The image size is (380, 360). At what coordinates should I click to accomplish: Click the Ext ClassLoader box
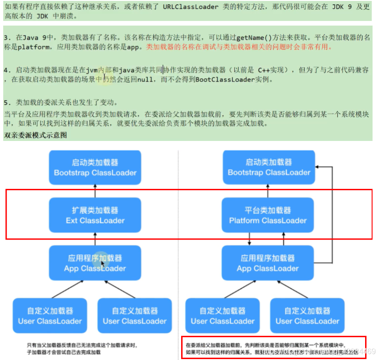pyautogui.click(x=95, y=215)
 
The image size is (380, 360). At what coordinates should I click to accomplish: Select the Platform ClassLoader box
pyautogui.click(x=268, y=215)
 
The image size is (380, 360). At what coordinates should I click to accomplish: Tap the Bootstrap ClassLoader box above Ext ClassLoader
pyautogui.click(x=95, y=167)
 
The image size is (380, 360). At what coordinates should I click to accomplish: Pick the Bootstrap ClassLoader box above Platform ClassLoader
pyautogui.click(x=268, y=167)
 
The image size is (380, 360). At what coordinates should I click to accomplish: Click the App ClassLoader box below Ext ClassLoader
pyautogui.click(x=95, y=263)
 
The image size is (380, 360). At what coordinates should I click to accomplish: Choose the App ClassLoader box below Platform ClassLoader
pyautogui.click(x=268, y=263)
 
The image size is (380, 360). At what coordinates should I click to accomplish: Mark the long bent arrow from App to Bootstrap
pyautogui.click(x=332, y=214)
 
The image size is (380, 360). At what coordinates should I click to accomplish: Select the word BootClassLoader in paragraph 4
pyautogui.click(x=221, y=80)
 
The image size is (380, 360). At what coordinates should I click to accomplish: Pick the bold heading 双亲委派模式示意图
pyautogui.click(x=35, y=135)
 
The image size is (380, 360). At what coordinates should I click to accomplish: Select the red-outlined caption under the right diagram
pyautogui.click(x=273, y=348)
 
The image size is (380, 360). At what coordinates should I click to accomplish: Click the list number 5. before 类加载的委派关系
pyautogui.click(x=7, y=102)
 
